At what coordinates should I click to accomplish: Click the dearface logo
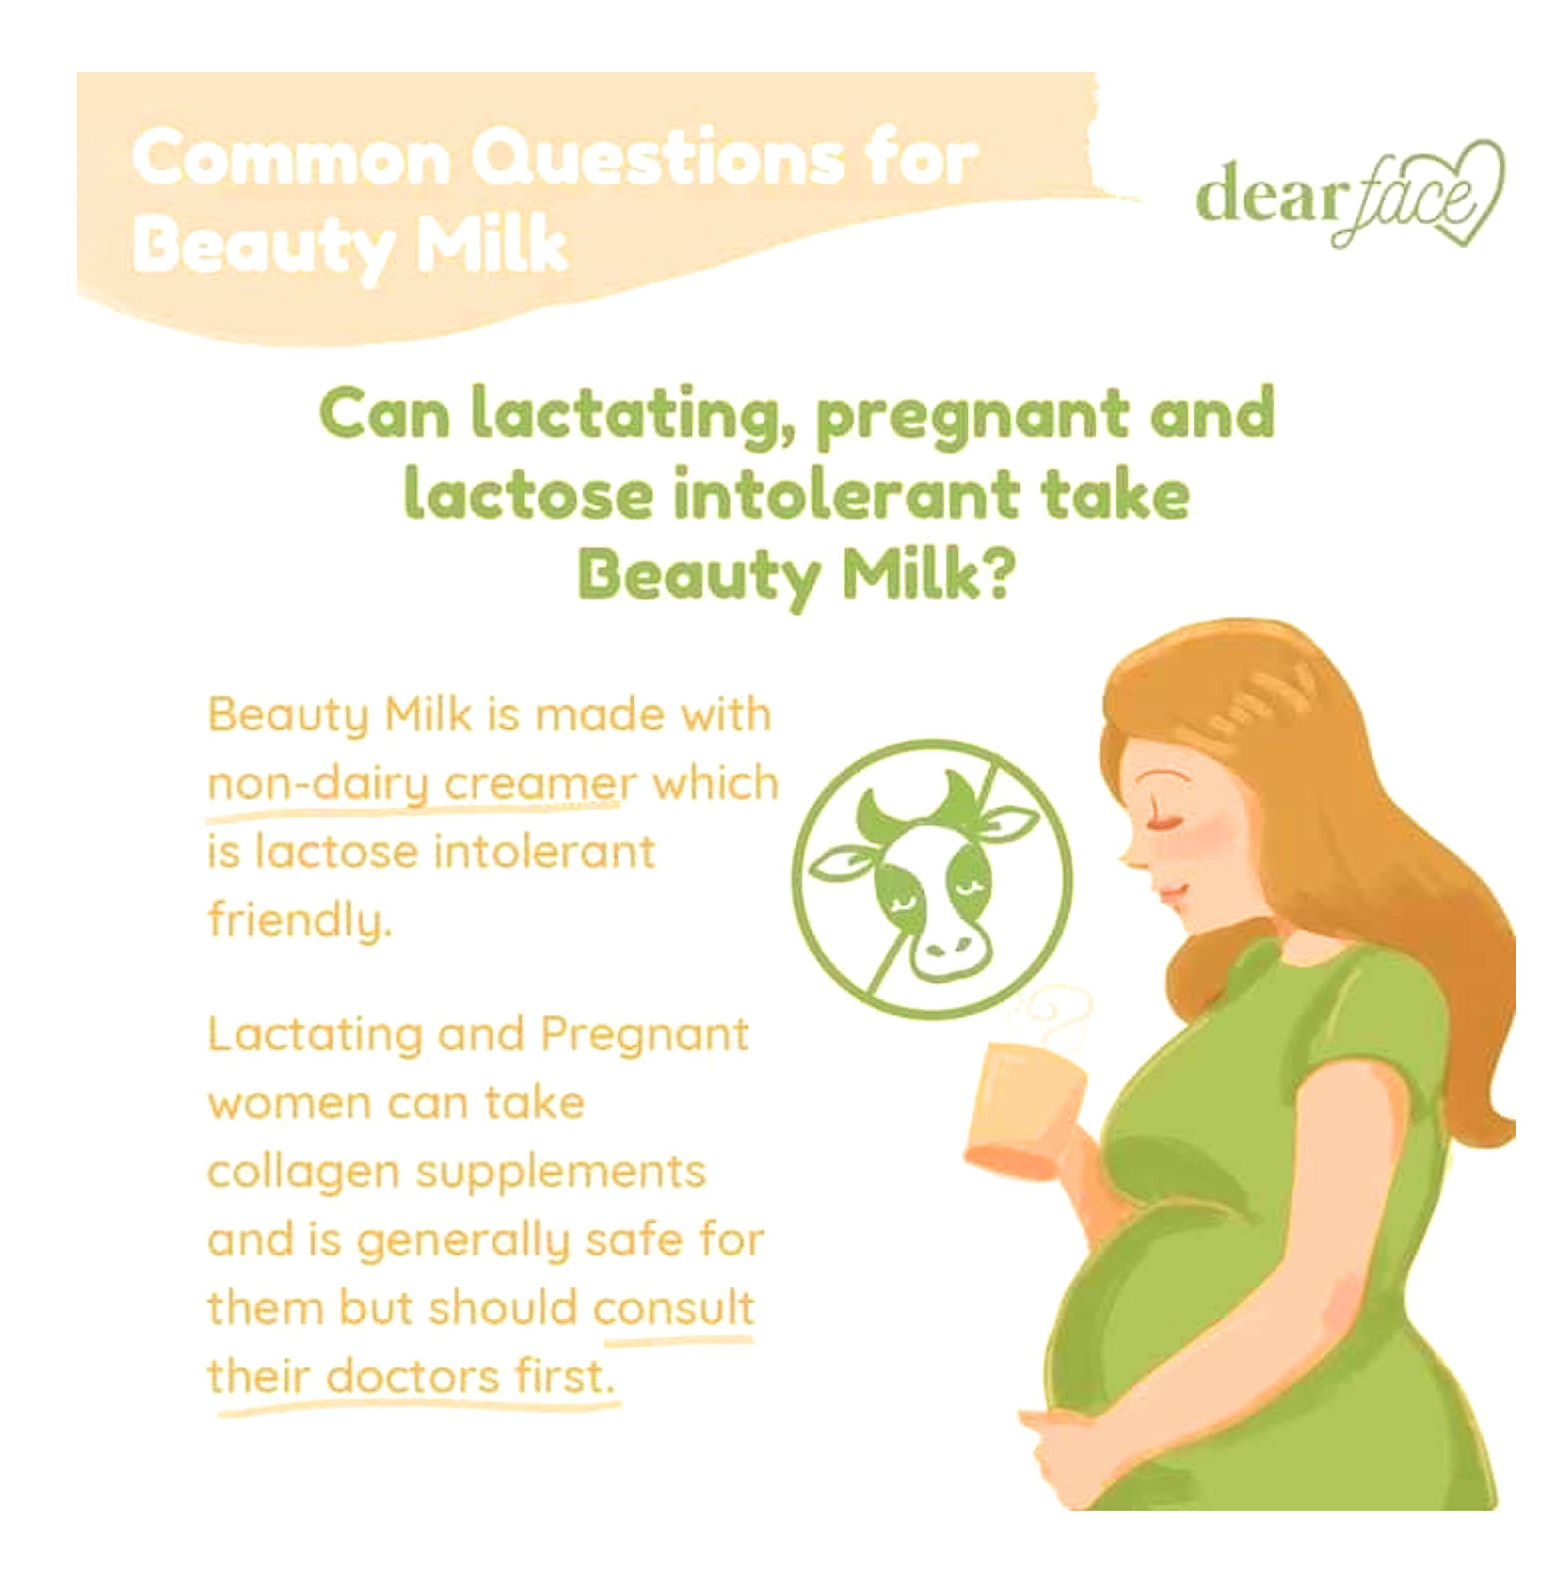click(1350, 195)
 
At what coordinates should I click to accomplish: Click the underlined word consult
click(673, 1308)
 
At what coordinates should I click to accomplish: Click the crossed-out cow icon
click(932, 879)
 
